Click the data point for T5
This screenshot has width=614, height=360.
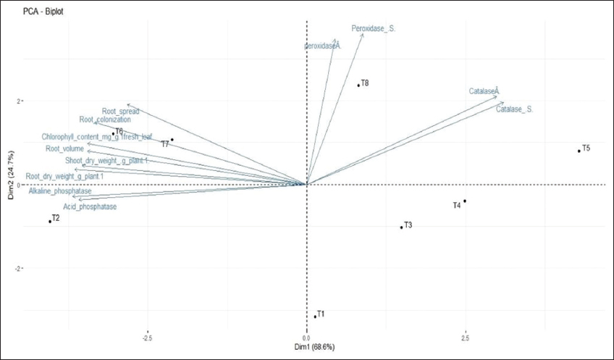click(579, 151)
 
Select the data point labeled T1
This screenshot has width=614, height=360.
click(315, 317)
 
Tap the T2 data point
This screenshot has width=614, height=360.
click(50, 222)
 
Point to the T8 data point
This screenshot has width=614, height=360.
click(358, 85)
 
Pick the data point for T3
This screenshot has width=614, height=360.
click(401, 227)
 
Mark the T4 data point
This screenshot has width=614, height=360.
click(465, 201)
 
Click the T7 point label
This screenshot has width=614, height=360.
click(165, 144)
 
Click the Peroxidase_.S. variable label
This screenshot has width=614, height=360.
click(374, 29)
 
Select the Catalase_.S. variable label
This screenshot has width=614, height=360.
click(515, 109)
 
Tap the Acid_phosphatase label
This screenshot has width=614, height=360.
click(90, 207)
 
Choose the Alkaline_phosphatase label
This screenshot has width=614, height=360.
click(60, 191)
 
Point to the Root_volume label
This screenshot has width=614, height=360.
click(65, 149)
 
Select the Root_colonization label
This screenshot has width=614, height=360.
click(105, 120)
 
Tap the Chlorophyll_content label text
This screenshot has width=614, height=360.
click(96, 137)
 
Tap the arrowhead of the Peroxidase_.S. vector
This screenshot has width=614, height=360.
click(362, 35)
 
